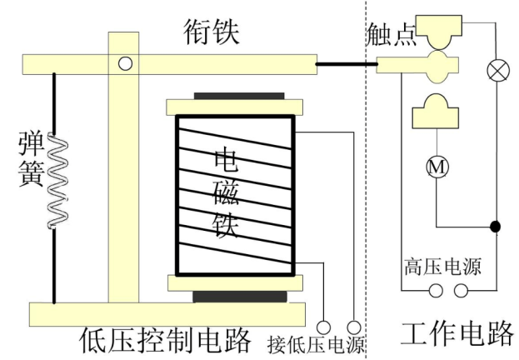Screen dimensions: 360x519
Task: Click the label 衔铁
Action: coord(212,32)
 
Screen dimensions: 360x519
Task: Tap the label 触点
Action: coord(391,36)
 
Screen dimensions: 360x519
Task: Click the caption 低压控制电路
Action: coord(166,339)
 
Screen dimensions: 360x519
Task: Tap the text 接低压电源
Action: coord(316,343)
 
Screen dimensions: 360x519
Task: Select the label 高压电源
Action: coord(442,268)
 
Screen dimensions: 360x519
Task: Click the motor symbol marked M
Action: coord(437,167)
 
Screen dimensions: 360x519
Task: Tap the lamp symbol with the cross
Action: coord(497,71)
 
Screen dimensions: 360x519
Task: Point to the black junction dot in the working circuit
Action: coord(496,226)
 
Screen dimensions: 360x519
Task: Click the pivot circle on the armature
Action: coord(125,62)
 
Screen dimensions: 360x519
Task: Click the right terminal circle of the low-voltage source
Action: coord(354,327)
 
